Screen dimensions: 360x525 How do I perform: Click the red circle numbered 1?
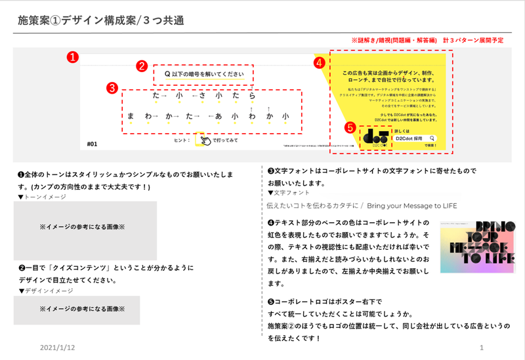click(x=74, y=57)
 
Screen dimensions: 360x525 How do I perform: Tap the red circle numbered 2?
click(x=141, y=66)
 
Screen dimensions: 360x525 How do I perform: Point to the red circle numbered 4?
click(x=319, y=63)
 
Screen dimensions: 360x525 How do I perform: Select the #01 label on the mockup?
click(x=92, y=142)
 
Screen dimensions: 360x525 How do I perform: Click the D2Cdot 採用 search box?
click(x=415, y=139)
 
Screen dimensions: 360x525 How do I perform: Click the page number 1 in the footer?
click(x=482, y=346)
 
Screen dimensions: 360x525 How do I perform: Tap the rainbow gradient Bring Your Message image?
click(x=478, y=247)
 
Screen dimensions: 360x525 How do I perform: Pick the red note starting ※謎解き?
click(x=427, y=41)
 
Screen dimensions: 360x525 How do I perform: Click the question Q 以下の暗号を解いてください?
click(x=204, y=74)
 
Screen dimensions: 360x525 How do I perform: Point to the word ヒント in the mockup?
click(x=180, y=140)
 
